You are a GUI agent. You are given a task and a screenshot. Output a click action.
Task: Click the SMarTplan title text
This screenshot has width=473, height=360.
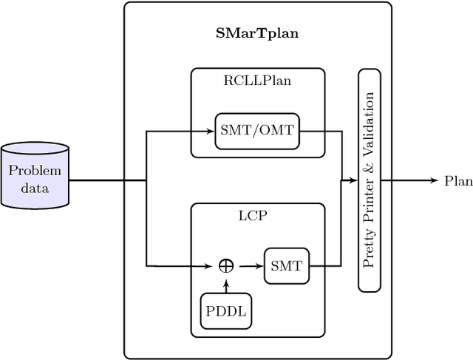point(257,34)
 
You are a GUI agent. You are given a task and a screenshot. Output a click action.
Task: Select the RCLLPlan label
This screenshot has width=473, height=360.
point(257,81)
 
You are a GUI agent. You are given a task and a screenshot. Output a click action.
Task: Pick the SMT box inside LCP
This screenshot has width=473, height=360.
point(286,265)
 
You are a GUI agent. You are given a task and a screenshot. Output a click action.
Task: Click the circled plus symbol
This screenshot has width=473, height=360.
point(225,265)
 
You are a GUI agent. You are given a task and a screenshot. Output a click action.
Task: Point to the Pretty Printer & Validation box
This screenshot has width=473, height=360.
point(370,180)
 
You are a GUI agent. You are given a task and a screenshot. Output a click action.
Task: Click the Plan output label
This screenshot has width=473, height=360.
point(458,180)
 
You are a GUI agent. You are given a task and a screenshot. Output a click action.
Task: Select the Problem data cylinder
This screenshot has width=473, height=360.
point(35,176)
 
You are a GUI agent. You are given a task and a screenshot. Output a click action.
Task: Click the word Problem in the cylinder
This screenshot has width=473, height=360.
point(35,171)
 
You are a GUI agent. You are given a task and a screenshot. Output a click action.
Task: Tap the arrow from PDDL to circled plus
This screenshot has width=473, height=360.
point(225,285)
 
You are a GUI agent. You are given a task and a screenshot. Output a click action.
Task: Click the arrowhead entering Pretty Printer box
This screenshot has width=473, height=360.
point(353,180)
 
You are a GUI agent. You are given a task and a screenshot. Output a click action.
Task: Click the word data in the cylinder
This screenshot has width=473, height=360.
point(35,188)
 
